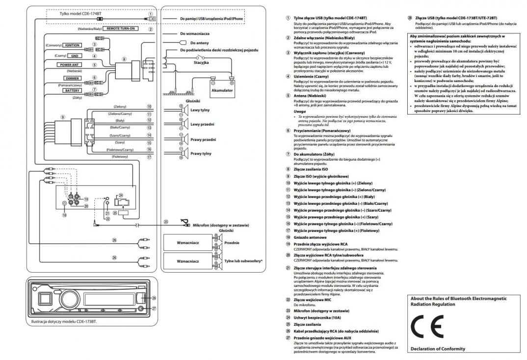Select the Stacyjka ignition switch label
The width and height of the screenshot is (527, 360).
click(201, 63)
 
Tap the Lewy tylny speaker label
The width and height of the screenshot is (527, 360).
click(200, 110)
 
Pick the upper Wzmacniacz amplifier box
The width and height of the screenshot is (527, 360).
click(188, 243)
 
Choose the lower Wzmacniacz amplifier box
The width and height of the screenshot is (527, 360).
click(188, 261)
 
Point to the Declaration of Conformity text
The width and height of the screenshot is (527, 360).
click(437, 349)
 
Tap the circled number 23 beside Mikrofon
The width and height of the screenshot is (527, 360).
click(165, 222)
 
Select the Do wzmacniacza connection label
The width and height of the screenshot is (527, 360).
click(195, 34)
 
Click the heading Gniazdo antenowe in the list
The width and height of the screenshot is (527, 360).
click(311, 237)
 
